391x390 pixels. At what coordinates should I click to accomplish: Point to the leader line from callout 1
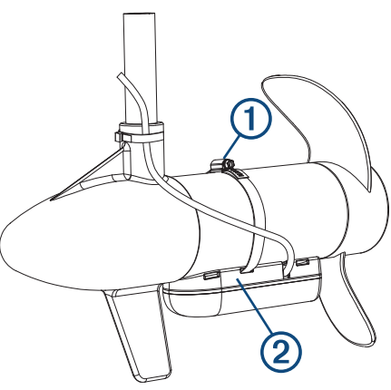(238, 144)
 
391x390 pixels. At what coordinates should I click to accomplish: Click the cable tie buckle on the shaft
(120, 137)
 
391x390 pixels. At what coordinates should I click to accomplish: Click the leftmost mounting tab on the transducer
(210, 272)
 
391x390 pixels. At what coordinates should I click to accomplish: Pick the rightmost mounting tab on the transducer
(300, 264)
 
